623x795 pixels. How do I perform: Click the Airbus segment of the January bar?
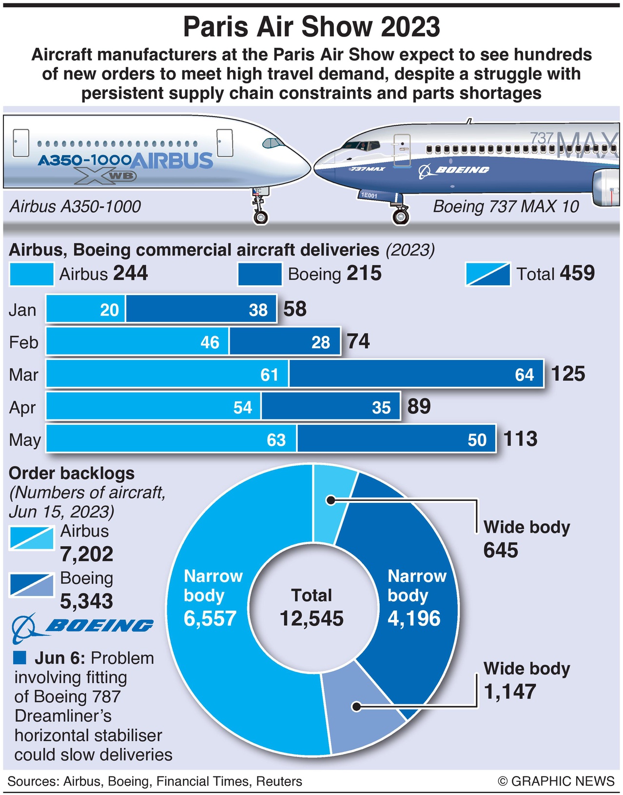[x=85, y=309]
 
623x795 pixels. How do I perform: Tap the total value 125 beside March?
[x=568, y=374]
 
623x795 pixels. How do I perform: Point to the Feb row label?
[x=23, y=342]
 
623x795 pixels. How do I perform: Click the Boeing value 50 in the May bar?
[x=477, y=440]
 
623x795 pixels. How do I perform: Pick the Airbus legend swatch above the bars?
[x=31, y=274]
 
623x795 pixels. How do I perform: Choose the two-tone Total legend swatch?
[x=488, y=274]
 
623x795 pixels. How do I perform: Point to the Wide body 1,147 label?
[x=526, y=680]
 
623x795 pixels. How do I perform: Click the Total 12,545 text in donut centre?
[x=311, y=607]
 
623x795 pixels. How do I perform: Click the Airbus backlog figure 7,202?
[x=86, y=554]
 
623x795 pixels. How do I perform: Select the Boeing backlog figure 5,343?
[x=86, y=601]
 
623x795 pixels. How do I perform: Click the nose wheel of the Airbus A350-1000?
[x=261, y=216]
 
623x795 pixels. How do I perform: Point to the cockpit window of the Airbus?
[x=273, y=143]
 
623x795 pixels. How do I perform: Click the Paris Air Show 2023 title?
[x=311, y=27]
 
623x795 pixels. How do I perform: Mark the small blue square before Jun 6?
[x=20, y=657]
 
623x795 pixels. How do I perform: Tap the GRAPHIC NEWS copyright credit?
[x=556, y=781]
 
